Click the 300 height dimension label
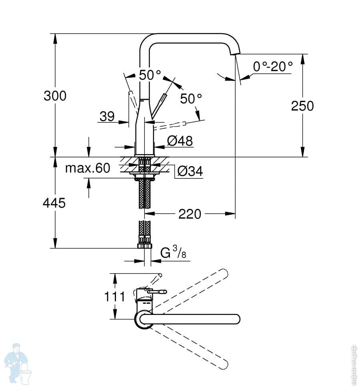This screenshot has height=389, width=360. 55,96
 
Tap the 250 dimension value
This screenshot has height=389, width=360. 302,106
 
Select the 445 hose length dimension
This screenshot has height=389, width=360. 54,203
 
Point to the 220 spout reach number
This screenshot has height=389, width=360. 190,215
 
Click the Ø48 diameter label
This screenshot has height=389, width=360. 180,141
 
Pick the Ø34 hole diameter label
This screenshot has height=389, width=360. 190,171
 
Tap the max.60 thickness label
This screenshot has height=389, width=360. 87,168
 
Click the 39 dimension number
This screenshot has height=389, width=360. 107,116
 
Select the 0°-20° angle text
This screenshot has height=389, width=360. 273,67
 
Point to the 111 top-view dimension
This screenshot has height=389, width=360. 115,297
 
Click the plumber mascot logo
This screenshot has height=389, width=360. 18,362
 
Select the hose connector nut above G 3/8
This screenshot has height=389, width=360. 144,245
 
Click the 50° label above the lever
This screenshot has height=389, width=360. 150,75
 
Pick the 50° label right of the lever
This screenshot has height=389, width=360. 191,98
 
